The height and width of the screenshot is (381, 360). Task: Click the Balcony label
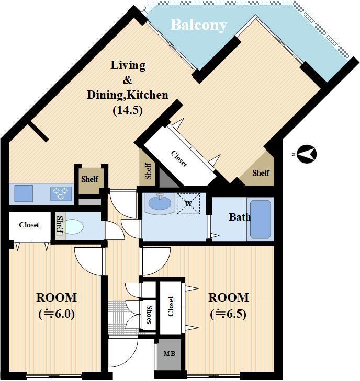click(x=199, y=25)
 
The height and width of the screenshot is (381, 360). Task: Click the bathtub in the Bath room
click(x=261, y=220)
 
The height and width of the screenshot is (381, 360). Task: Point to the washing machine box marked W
click(x=188, y=204)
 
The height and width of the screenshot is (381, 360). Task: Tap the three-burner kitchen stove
click(x=61, y=194)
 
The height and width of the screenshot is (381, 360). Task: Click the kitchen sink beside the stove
click(x=24, y=193)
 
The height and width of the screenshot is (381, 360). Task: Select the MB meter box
click(x=170, y=354)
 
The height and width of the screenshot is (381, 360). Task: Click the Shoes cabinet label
click(x=149, y=315)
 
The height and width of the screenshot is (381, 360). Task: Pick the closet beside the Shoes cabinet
click(x=171, y=308)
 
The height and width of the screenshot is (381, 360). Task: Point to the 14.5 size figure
click(x=128, y=110)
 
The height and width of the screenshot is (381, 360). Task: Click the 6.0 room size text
click(x=57, y=314)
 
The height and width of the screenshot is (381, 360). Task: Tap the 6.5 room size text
click(x=228, y=314)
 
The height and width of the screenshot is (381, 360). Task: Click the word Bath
click(x=240, y=217)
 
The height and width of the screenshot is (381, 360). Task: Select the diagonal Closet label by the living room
click(x=179, y=159)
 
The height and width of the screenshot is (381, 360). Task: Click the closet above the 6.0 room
click(x=30, y=226)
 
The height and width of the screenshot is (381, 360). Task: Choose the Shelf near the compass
click(x=261, y=173)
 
